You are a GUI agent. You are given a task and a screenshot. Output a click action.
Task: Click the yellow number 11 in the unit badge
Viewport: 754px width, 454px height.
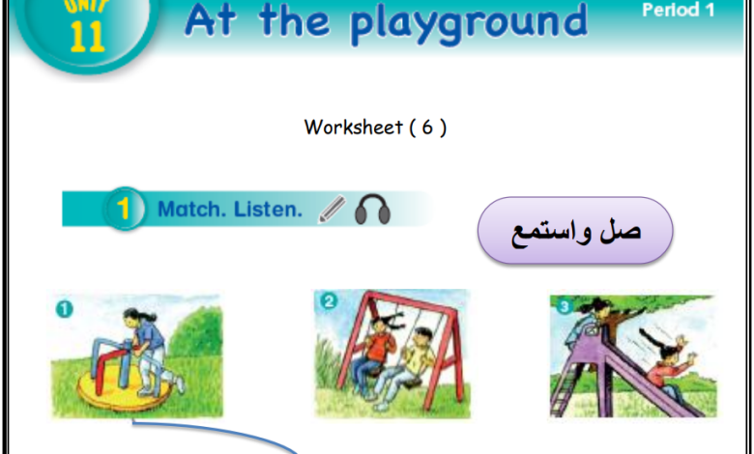(x=87, y=37)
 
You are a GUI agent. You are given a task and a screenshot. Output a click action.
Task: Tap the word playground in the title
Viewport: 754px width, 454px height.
(x=469, y=22)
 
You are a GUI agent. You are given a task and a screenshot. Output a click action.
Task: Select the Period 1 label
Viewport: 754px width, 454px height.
(x=679, y=10)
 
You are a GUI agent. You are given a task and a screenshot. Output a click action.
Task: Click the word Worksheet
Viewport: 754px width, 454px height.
(x=354, y=128)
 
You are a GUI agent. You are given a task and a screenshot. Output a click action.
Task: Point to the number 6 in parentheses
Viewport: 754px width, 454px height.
(x=427, y=128)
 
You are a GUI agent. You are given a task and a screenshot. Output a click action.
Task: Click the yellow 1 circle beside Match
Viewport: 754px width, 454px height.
(x=124, y=209)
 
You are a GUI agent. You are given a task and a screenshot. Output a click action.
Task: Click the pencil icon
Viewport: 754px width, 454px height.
(x=332, y=209)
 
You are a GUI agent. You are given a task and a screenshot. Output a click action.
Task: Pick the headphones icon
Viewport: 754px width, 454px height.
(x=373, y=210)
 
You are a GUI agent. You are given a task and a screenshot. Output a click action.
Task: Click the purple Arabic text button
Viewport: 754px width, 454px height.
(x=575, y=230)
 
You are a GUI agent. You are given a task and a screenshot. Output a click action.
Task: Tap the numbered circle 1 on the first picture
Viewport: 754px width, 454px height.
(x=65, y=309)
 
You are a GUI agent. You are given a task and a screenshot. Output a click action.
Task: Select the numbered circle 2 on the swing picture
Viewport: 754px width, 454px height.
(x=329, y=301)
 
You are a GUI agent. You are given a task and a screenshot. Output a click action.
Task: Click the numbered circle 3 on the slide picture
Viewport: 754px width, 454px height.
(x=565, y=306)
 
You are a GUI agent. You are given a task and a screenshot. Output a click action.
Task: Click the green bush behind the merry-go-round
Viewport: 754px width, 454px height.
(x=197, y=332)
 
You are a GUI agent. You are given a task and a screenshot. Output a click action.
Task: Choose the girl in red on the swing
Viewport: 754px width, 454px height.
(x=376, y=352)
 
